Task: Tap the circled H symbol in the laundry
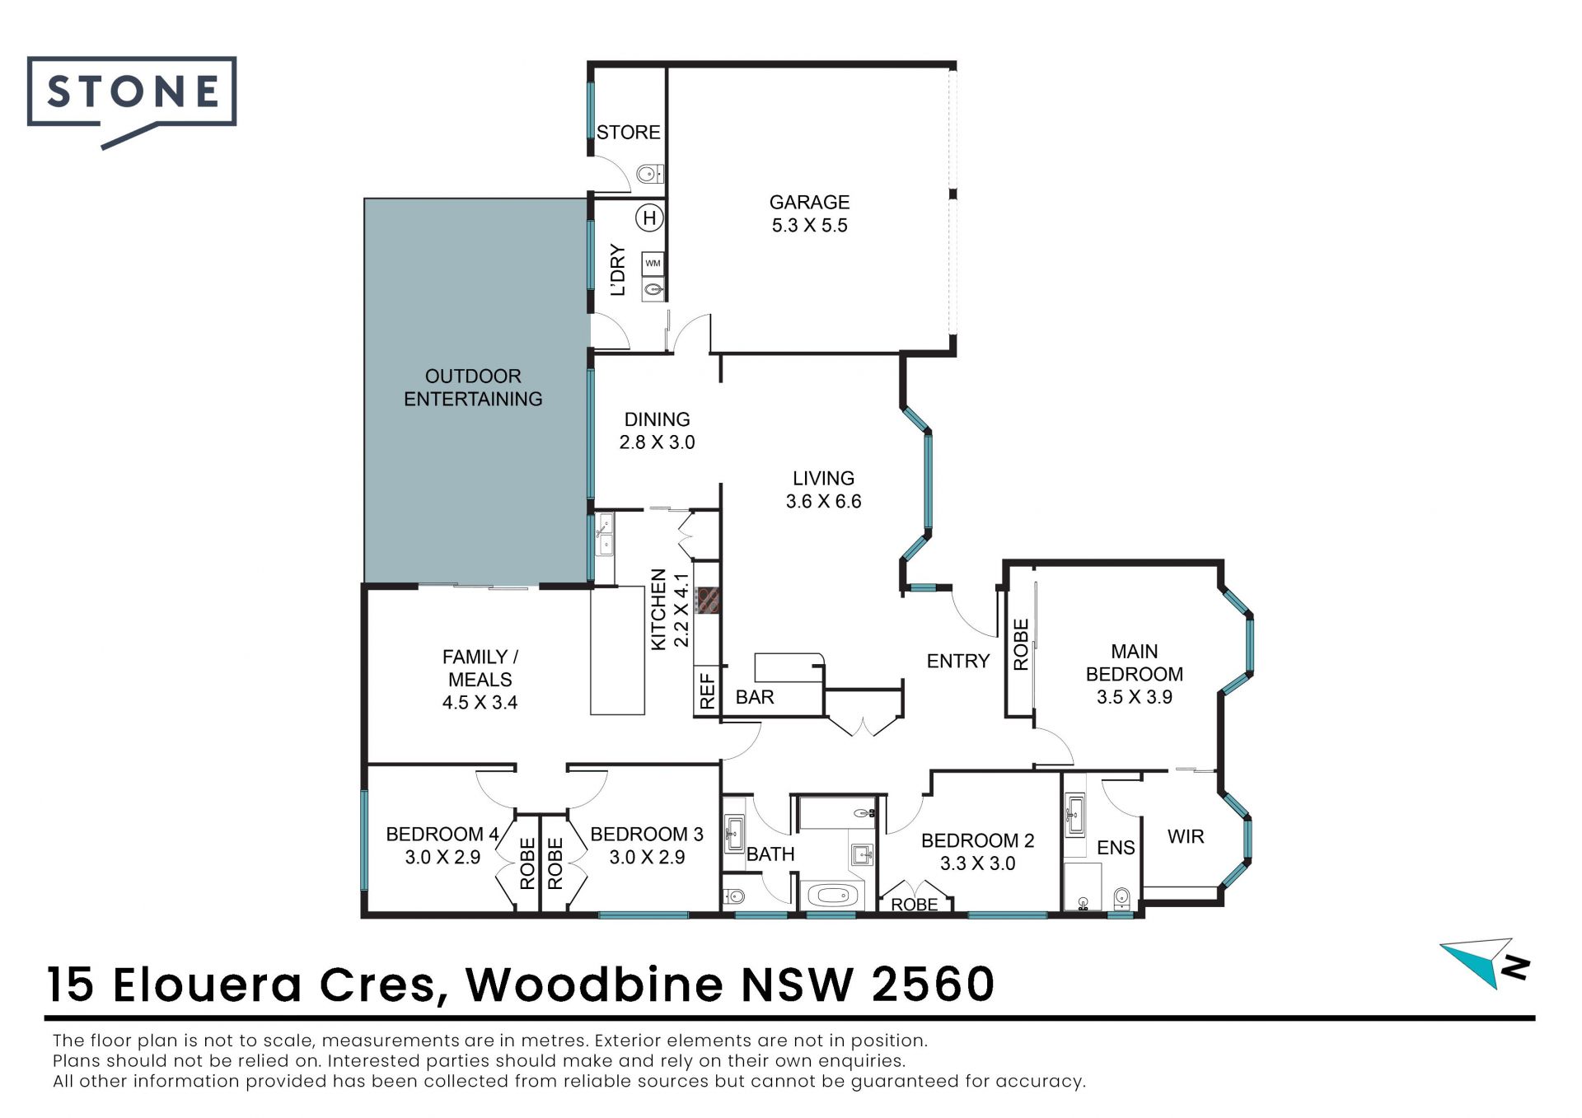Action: tap(650, 218)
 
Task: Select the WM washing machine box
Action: tap(653, 264)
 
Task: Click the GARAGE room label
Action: tap(809, 202)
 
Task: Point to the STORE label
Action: tap(628, 132)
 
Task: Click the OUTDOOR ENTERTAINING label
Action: tap(473, 387)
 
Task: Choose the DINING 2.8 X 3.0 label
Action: tap(657, 431)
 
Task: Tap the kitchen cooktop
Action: tap(708, 600)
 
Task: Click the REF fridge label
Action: tap(707, 690)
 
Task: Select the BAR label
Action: tap(755, 697)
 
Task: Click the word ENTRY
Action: tap(957, 661)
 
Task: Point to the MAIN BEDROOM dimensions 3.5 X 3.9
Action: tap(1134, 697)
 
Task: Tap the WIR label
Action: tap(1186, 836)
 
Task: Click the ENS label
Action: tap(1116, 848)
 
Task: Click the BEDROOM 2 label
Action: tap(977, 840)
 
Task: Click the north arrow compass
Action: tap(1485, 962)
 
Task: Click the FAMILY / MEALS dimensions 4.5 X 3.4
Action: tap(480, 703)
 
